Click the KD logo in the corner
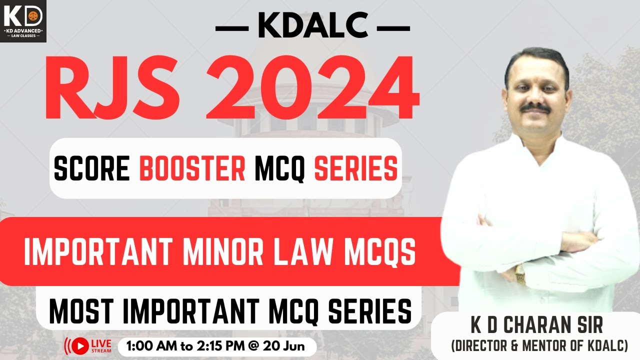click(23, 20)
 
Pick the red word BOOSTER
click(192, 169)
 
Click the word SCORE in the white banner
click(93, 169)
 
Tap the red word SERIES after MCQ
click(355, 169)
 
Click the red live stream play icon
click(79, 345)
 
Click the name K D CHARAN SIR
click(536, 325)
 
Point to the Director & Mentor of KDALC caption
click(539, 345)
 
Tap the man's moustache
click(535, 107)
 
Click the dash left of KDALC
click(232, 28)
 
